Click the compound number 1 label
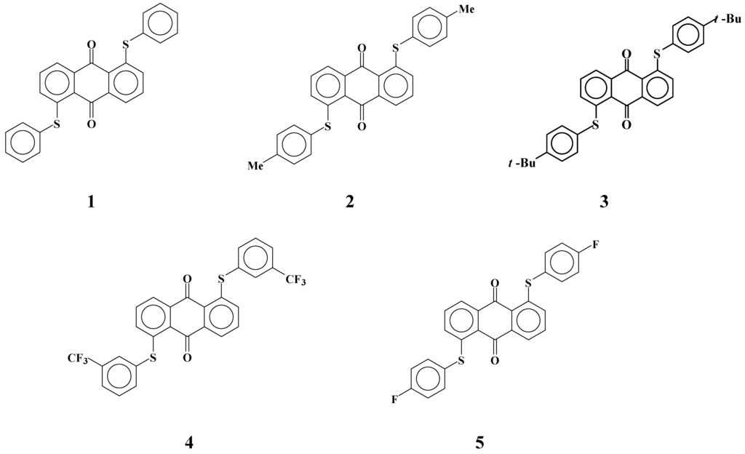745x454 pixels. pos(90,202)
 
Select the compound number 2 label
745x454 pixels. pos(350,202)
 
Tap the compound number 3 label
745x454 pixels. pos(604,202)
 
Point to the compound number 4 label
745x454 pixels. pos(191,441)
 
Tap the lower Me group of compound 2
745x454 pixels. pos(255,166)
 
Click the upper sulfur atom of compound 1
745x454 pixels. pos(125,46)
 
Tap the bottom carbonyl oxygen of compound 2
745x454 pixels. pos(362,127)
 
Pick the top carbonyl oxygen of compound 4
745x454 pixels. pos(188,279)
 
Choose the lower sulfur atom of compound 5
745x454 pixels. pos(459,361)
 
